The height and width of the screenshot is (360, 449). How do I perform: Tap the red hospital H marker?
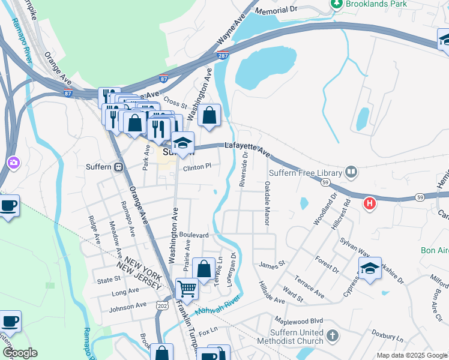coord(370,204)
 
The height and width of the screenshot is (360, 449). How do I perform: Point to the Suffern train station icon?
coord(119,167)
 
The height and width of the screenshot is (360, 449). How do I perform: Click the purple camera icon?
coord(13,163)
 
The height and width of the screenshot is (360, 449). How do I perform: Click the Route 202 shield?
coord(161,306)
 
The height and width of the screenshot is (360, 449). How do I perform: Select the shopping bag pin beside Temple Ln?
coord(203,268)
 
